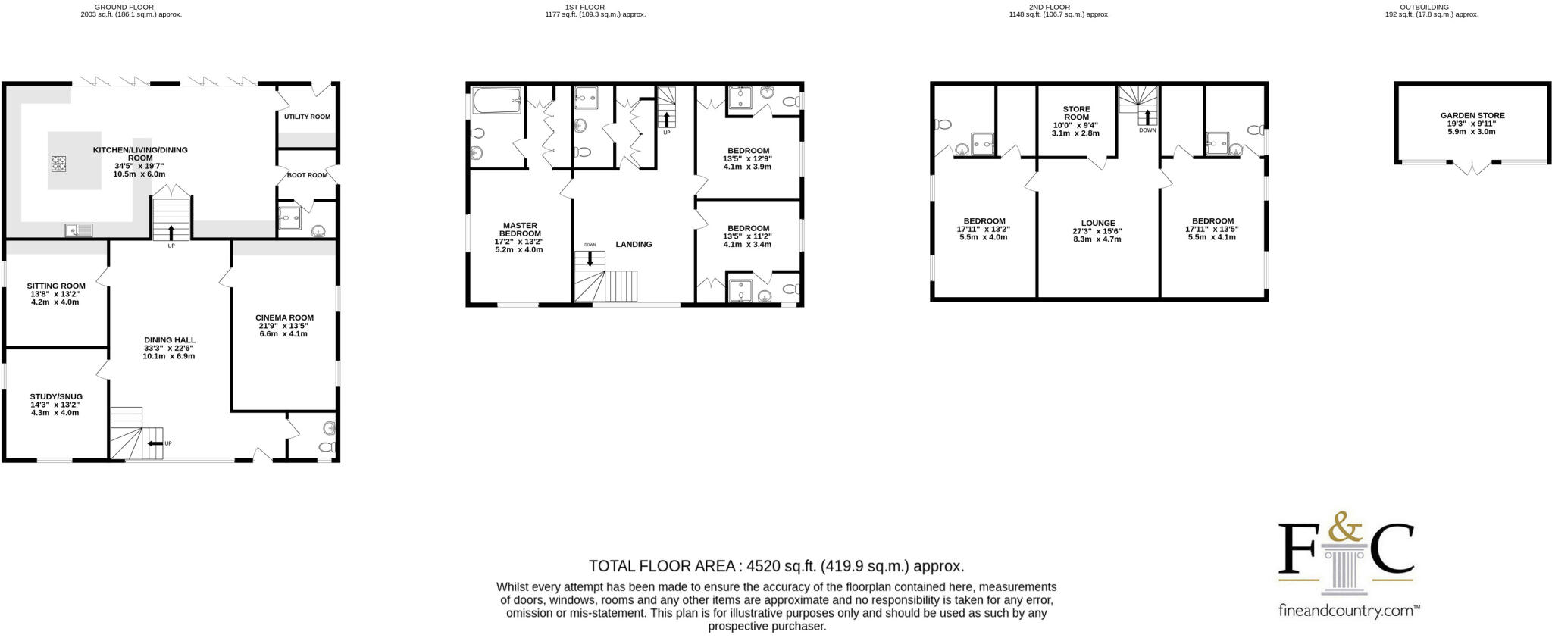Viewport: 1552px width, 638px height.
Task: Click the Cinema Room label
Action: pos(284,318)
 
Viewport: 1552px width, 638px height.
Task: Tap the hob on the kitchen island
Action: pos(60,162)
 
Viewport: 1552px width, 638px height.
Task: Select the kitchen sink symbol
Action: pos(79,230)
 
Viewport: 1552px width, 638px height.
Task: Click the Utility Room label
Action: pos(307,117)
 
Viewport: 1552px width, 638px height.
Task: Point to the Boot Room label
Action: pos(307,175)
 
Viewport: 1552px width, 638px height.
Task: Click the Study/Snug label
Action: pos(56,396)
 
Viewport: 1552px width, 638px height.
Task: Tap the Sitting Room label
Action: pos(56,286)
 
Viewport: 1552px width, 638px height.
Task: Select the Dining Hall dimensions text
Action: pos(169,352)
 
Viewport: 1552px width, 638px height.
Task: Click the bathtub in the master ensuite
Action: pos(496,101)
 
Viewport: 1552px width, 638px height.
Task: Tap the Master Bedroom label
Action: pos(519,230)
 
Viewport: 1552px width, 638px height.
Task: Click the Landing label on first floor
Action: pos(634,244)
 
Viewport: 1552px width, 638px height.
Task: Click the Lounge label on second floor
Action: pos(1098,224)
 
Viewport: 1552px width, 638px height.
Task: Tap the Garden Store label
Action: pos(1472,116)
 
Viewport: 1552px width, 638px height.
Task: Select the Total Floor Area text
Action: pos(776,566)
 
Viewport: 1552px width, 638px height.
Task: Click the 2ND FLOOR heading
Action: pos(1049,7)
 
